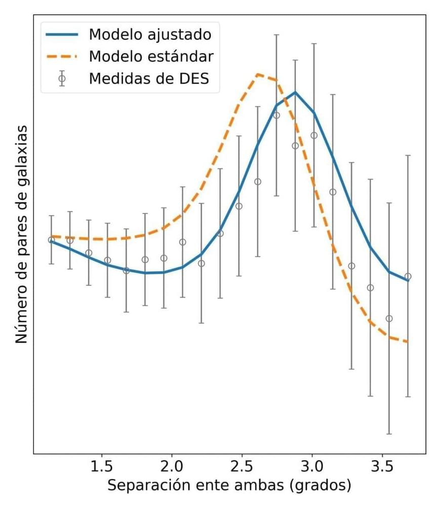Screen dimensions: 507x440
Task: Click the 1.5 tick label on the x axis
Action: coord(102,466)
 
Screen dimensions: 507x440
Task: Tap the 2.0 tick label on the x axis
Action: coord(172,466)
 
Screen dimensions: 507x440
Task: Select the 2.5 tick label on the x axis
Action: coord(242,466)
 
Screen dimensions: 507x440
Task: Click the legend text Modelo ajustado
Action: coord(149,34)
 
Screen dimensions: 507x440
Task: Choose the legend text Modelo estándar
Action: coord(150,56)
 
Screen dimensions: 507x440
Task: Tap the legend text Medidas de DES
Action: coord(148,79)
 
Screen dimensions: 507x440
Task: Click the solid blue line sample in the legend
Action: coord(62,34)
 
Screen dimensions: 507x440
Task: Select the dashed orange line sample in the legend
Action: coord(62,56)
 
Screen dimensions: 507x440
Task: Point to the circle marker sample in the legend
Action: coord(62,79)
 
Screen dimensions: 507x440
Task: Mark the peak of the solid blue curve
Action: coord(295,92)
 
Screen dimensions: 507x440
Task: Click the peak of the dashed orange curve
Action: coord(258,74)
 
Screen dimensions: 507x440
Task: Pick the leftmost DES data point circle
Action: coord(51,240)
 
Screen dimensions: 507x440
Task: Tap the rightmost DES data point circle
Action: coord(408,276)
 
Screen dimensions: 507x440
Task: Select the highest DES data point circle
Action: coord(276,115)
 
